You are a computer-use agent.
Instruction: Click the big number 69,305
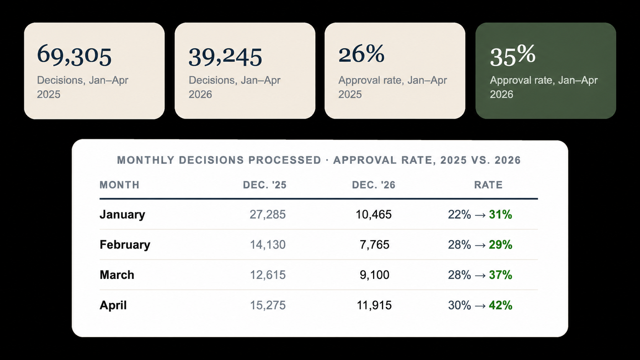coord(74,55)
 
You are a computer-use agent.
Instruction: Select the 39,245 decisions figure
coord(225,57)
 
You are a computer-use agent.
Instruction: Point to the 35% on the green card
coord(513,56)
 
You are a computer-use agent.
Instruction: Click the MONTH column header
coord(119,185)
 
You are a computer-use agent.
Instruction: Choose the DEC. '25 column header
coord(264,185)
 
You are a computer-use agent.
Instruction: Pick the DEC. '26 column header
coord(374,185)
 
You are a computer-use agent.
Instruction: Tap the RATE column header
coord(488,185)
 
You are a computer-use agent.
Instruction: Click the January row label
coord(122,214)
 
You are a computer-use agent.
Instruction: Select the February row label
coord(125,245)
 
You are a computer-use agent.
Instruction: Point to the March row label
coord(117,275)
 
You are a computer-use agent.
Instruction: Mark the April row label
coord(113,305)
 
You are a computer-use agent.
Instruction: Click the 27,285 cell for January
coord(268,214)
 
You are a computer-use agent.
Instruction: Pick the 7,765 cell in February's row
coord(374,245)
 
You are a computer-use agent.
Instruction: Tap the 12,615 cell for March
coord(268,275)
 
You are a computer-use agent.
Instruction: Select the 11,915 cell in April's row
coord(374,305)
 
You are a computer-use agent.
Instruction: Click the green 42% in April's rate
coord(501,305)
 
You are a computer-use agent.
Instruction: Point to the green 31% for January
coord(501,214)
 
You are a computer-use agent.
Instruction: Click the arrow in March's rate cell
coord(480,275)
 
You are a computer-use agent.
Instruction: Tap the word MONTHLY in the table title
coord(146,160)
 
